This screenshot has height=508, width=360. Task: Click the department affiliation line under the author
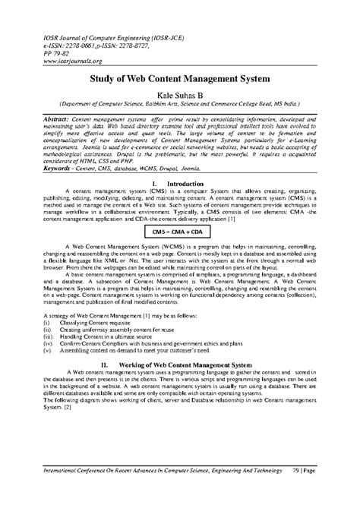tap(179, 105)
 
